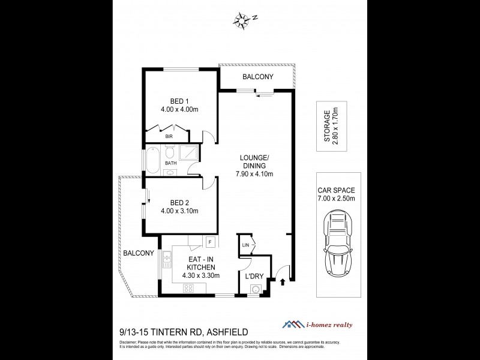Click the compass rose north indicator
pos(244,19)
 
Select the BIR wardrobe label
pos(152,137)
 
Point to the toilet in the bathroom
pos(170,173)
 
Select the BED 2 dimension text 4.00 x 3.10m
pos(179,211)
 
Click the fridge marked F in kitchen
pos(211,242)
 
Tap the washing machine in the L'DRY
pos(256,290)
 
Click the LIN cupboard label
pos(245,245)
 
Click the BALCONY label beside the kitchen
pos(139,253)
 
